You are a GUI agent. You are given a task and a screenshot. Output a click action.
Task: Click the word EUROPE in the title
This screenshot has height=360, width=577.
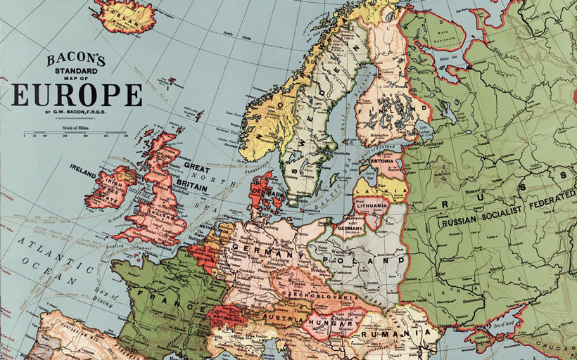(x=76, y=94)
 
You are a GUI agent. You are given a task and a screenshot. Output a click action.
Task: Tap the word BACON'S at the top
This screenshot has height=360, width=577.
(x=76, y=60)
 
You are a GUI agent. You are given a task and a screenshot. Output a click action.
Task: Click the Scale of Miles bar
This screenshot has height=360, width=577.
(x=76, y=132)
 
